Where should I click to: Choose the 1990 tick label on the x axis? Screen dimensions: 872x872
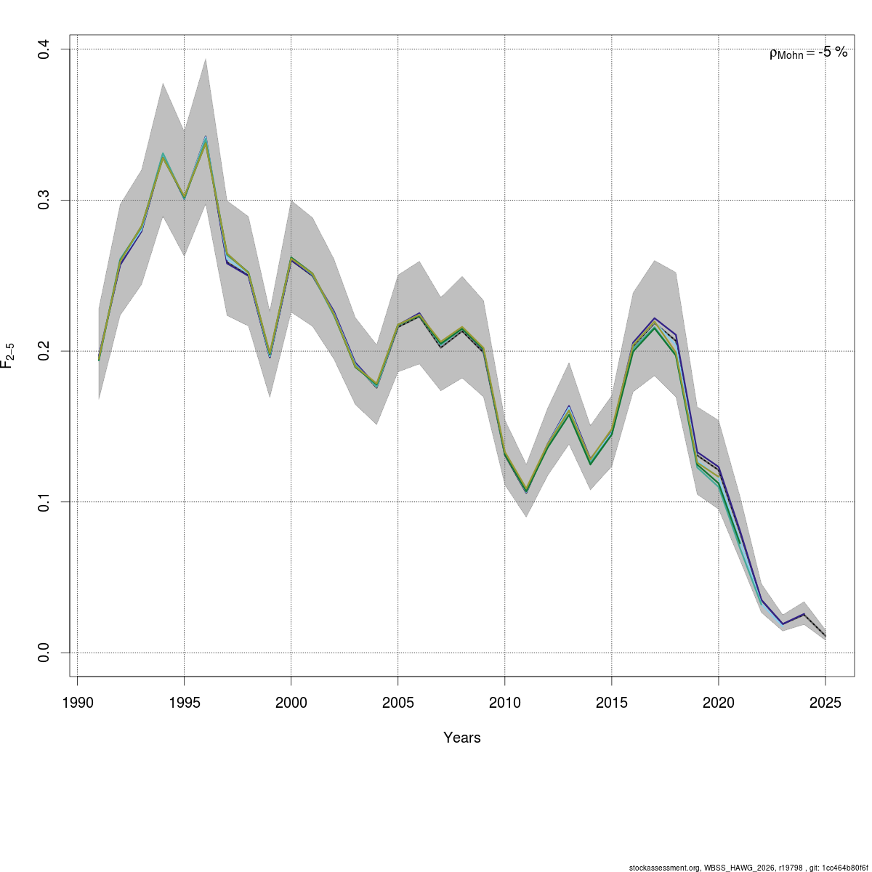pyautogui.click(x=78, y=703)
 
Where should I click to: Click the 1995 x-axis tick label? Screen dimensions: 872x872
pyautogui.click(x=185, y=703)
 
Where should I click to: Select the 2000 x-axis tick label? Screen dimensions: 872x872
pyautogui.click(x=291, y=703)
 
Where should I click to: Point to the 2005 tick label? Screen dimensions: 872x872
pyautogui.click(x=398, y=703)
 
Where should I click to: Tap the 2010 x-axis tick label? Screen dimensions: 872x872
pyautogui.click(x=505, y=703)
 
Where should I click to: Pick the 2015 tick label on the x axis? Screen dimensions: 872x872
pyautogui.click(x=612, y=703)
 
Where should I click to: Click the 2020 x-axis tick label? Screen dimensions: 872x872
pyautogui.click(x=719, y=703)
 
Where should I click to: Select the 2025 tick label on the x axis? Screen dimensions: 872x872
pyautogui.click(x=825, y=703)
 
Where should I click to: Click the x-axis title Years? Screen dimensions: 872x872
pyautogui.click(x=462, y=738)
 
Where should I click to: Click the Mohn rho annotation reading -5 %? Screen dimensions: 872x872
pyautogui.click(x=808, y=52)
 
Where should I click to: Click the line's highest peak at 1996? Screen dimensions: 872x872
pyautogui.click(x=206, y=140)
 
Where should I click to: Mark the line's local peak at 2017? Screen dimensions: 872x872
pyautogui.click(x=655, y=321)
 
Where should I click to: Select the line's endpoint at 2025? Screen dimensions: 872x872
pyautogui.click(x=825, y=637)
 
